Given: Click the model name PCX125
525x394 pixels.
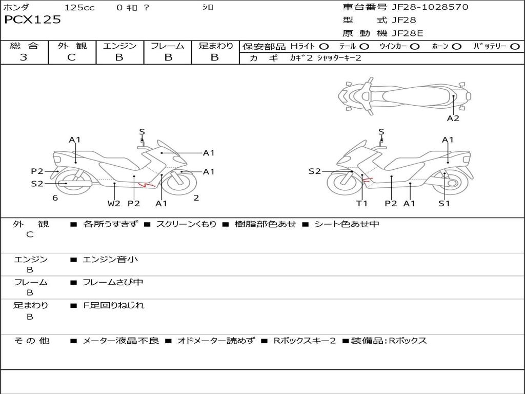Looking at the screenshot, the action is (x=32, y=19).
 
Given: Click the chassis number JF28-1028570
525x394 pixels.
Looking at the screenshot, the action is (x=430, y=7).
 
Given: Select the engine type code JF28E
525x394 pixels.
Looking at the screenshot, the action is (x=408, y=33).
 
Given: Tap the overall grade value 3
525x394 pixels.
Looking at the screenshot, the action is (x=24, y=57).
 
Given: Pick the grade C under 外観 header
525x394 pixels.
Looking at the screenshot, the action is (x=71, y=57).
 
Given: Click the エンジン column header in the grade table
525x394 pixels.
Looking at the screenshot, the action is (x=119, y=46).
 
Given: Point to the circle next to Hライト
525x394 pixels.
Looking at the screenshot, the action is (x=324, y=46).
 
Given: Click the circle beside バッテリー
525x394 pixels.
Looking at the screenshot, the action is (x=515, y=46).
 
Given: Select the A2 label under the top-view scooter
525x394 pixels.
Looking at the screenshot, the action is (x=453, y=118).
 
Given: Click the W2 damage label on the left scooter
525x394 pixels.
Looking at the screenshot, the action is (x=114, y=203).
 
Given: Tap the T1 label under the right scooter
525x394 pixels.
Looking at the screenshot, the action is (x=362, y=203).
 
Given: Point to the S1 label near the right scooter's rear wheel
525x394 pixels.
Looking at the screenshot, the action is (x=444, y=203).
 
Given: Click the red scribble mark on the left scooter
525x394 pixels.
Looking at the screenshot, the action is (x=146, y=184).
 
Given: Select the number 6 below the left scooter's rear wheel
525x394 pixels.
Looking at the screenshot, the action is (x=55, y=198).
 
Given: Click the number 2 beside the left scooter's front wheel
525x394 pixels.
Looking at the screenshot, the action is (x=196, y=198).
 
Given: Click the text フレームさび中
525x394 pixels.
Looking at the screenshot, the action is (x=113, y=282).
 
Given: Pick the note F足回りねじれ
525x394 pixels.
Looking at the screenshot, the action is (x=113, y=305).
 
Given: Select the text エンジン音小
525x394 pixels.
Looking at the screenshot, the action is (x=110, y=259).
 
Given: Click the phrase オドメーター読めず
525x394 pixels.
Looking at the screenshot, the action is (x=216, y=341).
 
